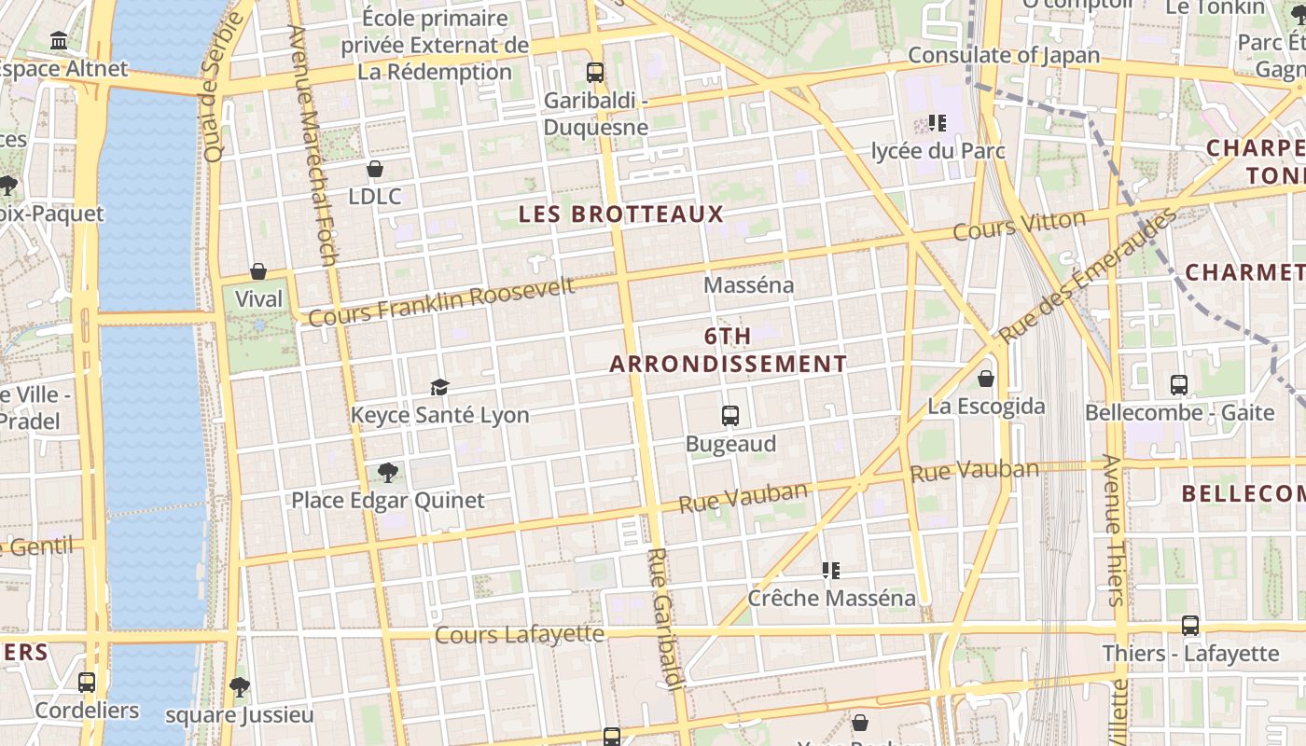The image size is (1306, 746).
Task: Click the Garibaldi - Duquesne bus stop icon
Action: pyautogui.click(x=594, y=72)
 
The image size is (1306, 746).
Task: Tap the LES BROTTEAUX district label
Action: pyautogui.click(x=621, y=214)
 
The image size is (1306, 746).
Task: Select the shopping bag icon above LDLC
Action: pyautogui.click(x=375, y=169)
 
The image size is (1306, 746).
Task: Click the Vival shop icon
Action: pyautogui.click(x=258, y=271)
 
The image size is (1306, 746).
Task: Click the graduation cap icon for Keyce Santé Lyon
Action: pyautogui.click(x=439, y=387)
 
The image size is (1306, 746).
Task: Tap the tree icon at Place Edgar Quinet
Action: pyautogui.click(x=388, y=473)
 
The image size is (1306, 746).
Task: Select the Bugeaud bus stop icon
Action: pyautogui.click(x=730, y=416)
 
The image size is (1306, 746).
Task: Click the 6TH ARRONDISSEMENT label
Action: pyautogui.click(x=729, y=351)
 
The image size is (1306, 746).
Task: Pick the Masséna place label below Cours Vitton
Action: pyautogui.click(x=749, y=285)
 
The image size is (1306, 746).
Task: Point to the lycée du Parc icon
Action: pyautogui.click(x=938, y=123)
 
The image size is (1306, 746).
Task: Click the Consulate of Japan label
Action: pyautogui.click(x=1004, y=55)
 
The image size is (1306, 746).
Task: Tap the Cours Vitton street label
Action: pyautogui.click(x=1020, y=225)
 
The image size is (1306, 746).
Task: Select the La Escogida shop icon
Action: pyautogui.click(x=986, y=379)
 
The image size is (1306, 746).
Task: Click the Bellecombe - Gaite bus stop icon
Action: pyautogui.click(x=1179, y=384)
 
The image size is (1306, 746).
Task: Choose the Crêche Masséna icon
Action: pyautogui.click(x=831, y=570)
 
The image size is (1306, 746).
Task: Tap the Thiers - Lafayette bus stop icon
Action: pyautogui.click(x=1190, y=626)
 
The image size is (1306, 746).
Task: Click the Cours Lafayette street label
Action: pyautogui.click(x=520, y=635)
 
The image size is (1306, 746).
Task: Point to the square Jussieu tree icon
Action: pyautogui.click(x=240, y=687)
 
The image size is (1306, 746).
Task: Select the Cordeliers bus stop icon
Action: pyautogui.click(x=87, y=683)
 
